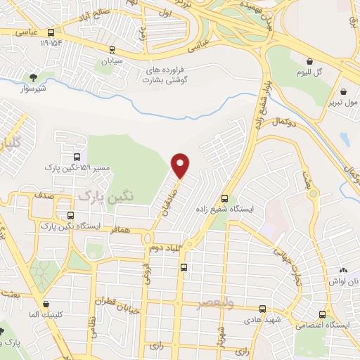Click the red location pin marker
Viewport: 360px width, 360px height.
coord(181,165)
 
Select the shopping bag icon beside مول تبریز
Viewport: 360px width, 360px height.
coord(343,91)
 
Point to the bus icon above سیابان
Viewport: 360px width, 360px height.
coord(111,49)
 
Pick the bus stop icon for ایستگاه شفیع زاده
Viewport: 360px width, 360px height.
coord(224,198)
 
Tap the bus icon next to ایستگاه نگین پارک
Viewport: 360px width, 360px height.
coord(70,216)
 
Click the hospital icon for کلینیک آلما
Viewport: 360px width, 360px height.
coord(46,304)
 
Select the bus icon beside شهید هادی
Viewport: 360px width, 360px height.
coord(262,309)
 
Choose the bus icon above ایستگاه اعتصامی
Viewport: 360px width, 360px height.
coord(322,314)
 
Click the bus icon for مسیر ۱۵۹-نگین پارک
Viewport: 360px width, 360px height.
coord(76,157)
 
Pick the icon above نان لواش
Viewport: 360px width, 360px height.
coord(343,270)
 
